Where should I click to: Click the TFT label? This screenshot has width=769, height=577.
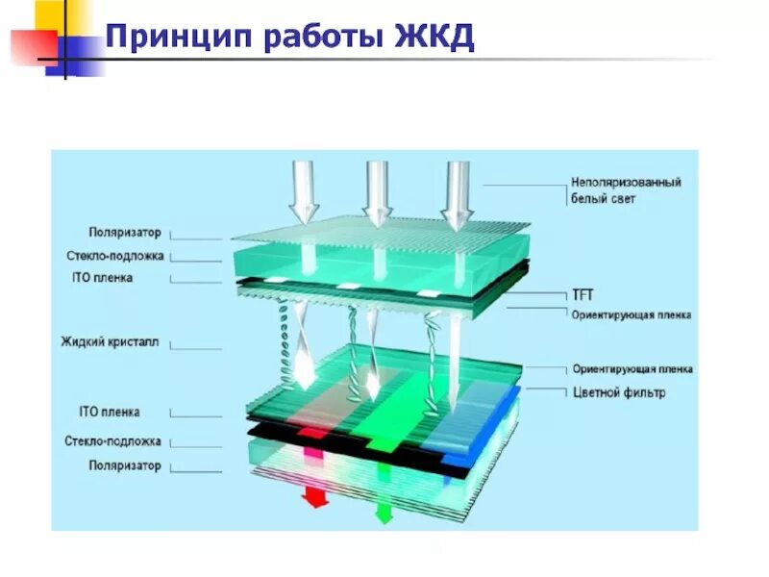coord(583,295)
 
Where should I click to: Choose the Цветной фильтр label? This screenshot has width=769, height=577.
coord(618,392)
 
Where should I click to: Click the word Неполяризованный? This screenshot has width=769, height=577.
coord(626,182)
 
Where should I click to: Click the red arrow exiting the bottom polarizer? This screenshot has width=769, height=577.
coord(313,497)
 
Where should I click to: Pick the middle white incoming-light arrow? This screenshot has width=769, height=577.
coord(378,189)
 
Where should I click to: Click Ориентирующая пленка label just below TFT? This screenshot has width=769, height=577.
coord(631,314)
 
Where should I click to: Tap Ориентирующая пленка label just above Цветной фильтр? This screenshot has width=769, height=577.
coord(632,369)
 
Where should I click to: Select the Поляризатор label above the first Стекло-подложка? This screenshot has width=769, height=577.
coord(124,233)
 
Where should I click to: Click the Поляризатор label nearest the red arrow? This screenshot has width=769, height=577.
coord(124,466)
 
